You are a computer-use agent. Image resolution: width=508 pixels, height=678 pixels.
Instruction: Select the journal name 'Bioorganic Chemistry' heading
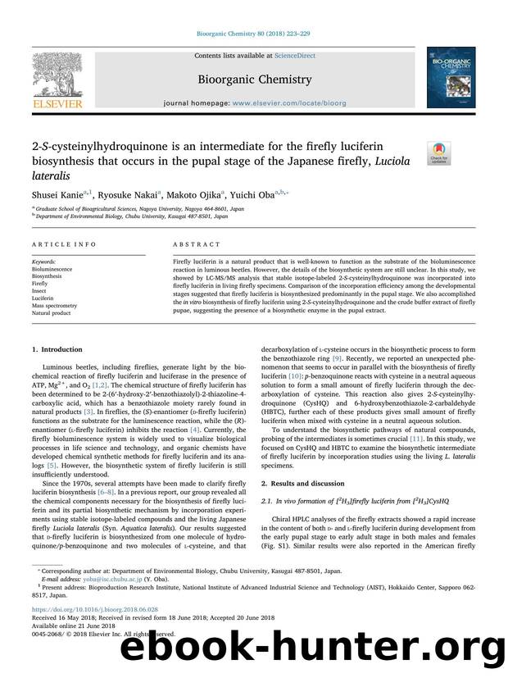click(x=254, y=80)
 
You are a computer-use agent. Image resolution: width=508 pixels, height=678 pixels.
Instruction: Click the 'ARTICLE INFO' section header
click(x=60, y=244)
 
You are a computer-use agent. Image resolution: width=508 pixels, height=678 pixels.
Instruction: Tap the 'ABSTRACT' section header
click(x=196, y=244)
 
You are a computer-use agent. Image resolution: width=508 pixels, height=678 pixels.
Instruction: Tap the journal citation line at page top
click(x=253, y=34)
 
